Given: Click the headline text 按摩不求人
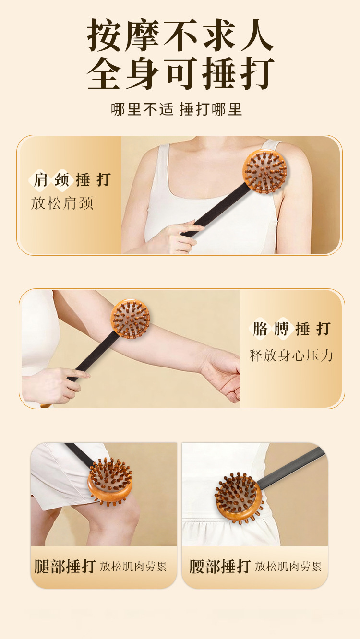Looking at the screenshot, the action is pyautogui.click(x=180, y=35).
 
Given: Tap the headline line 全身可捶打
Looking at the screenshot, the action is pyautogui.click(x=180, y=73).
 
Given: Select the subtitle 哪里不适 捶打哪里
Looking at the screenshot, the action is pyautogui.click(x=177, y=109).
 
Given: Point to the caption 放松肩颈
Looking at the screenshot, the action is pyautogui.click(x=62, y=203).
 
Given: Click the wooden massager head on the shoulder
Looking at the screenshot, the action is pyautogui.click(x=264, y=171).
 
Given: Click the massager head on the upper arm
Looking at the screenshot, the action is pyautogui.click(x=131, y=319).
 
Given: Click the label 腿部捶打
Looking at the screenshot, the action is pyautogui.click(x=65, y=566).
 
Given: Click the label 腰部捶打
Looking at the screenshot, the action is pyautogui.click(x=220, y=566).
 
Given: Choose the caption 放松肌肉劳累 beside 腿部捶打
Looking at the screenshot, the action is pyautogui.click(x=133, y=567).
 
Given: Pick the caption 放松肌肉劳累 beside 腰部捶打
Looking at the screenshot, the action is pyautogui.click(x=288, y=567).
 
